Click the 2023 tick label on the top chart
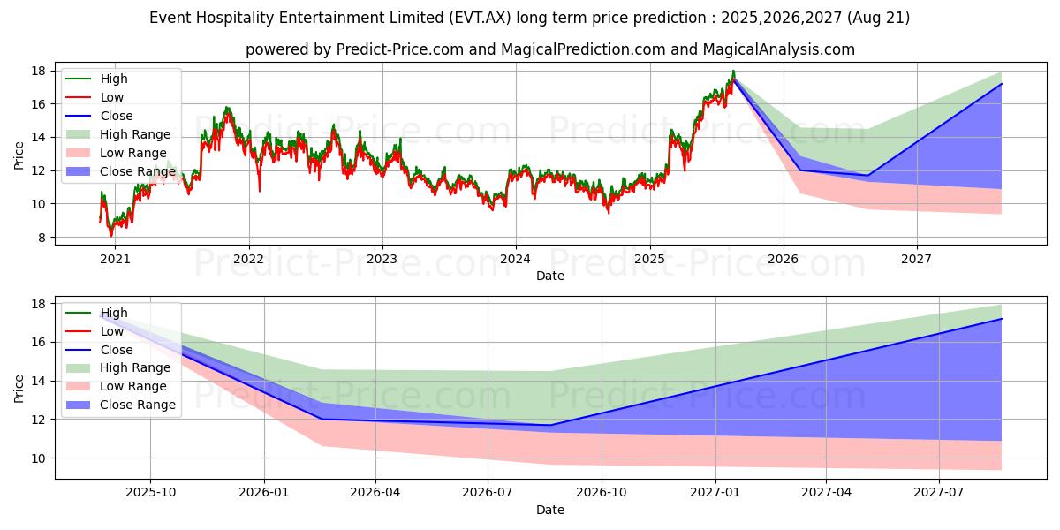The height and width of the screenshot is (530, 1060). point(382,259)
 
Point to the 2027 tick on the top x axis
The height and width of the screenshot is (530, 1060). point(917,259)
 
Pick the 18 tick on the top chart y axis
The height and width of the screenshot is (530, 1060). point(40,71)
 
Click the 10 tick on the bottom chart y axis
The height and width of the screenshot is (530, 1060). point(40,458)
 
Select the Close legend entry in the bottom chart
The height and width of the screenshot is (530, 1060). point(117,350)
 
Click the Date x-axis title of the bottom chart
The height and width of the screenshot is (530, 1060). point(550,510)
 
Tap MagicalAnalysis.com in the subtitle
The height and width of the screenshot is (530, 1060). point(778,49)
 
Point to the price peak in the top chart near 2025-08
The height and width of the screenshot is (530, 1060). point(732,72)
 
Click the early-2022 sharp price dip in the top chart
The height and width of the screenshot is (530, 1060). point(260,191)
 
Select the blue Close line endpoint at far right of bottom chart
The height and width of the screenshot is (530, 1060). point(1002,319)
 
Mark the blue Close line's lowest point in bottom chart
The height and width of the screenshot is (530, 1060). point(550,425)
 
